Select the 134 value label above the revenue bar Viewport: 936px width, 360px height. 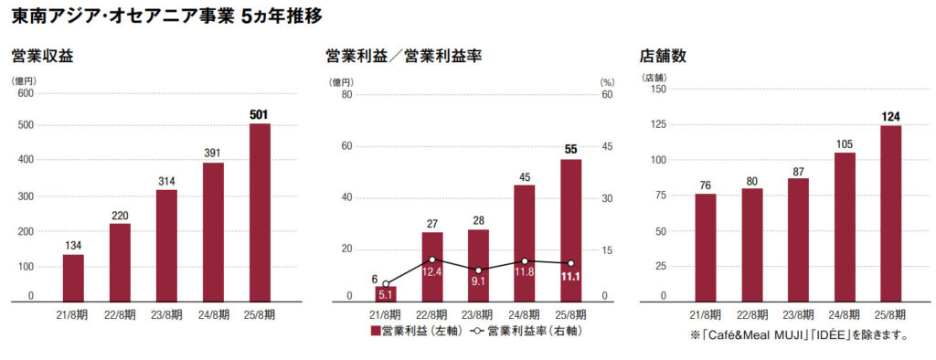click(x=73, y=244)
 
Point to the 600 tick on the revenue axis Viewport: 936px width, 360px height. click(x=25, y=93)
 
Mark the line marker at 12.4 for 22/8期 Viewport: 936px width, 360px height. click(x=432, y=260)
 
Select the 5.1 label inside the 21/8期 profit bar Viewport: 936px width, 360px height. click(x=386, y=294)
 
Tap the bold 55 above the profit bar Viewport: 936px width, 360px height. click(x=570, y=149)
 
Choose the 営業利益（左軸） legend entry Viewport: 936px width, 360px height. click(x=416, y=331)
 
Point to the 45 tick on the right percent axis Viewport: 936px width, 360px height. click(x=606, y=145)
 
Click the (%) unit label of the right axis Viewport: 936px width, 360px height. click(x=606, y=82)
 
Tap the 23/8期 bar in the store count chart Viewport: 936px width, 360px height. click(x=798, y=239)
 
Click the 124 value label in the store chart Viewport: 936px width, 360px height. click(x=891, y=116)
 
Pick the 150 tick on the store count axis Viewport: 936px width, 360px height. click(x=658, y=89)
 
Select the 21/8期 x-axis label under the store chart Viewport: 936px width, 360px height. click(x=705, y=314)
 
